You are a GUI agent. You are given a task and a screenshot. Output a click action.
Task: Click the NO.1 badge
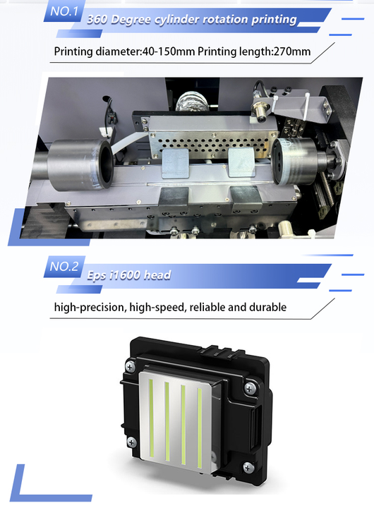[64, 13]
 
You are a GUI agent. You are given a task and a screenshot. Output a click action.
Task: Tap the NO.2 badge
[64, 266]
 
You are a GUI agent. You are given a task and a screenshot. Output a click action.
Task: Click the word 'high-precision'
[88, 307]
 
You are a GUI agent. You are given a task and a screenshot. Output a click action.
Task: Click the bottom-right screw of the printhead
[248, 466]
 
